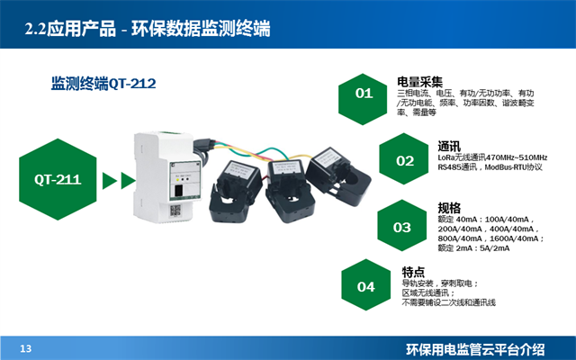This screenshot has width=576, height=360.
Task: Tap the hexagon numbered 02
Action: (x=405, y=160)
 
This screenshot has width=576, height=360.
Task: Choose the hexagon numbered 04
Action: (x=365, y=287)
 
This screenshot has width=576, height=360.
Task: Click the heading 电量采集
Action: (x=419, y=81)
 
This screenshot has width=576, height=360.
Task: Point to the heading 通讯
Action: (x=449, y=146)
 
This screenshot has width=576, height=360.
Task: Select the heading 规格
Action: (x=448, y=206)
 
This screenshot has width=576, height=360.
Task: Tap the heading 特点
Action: (x=413, y=270)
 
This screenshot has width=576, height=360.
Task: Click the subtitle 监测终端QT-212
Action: (x=103, y=84)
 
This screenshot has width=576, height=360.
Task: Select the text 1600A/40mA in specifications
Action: (x=510, y=238)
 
